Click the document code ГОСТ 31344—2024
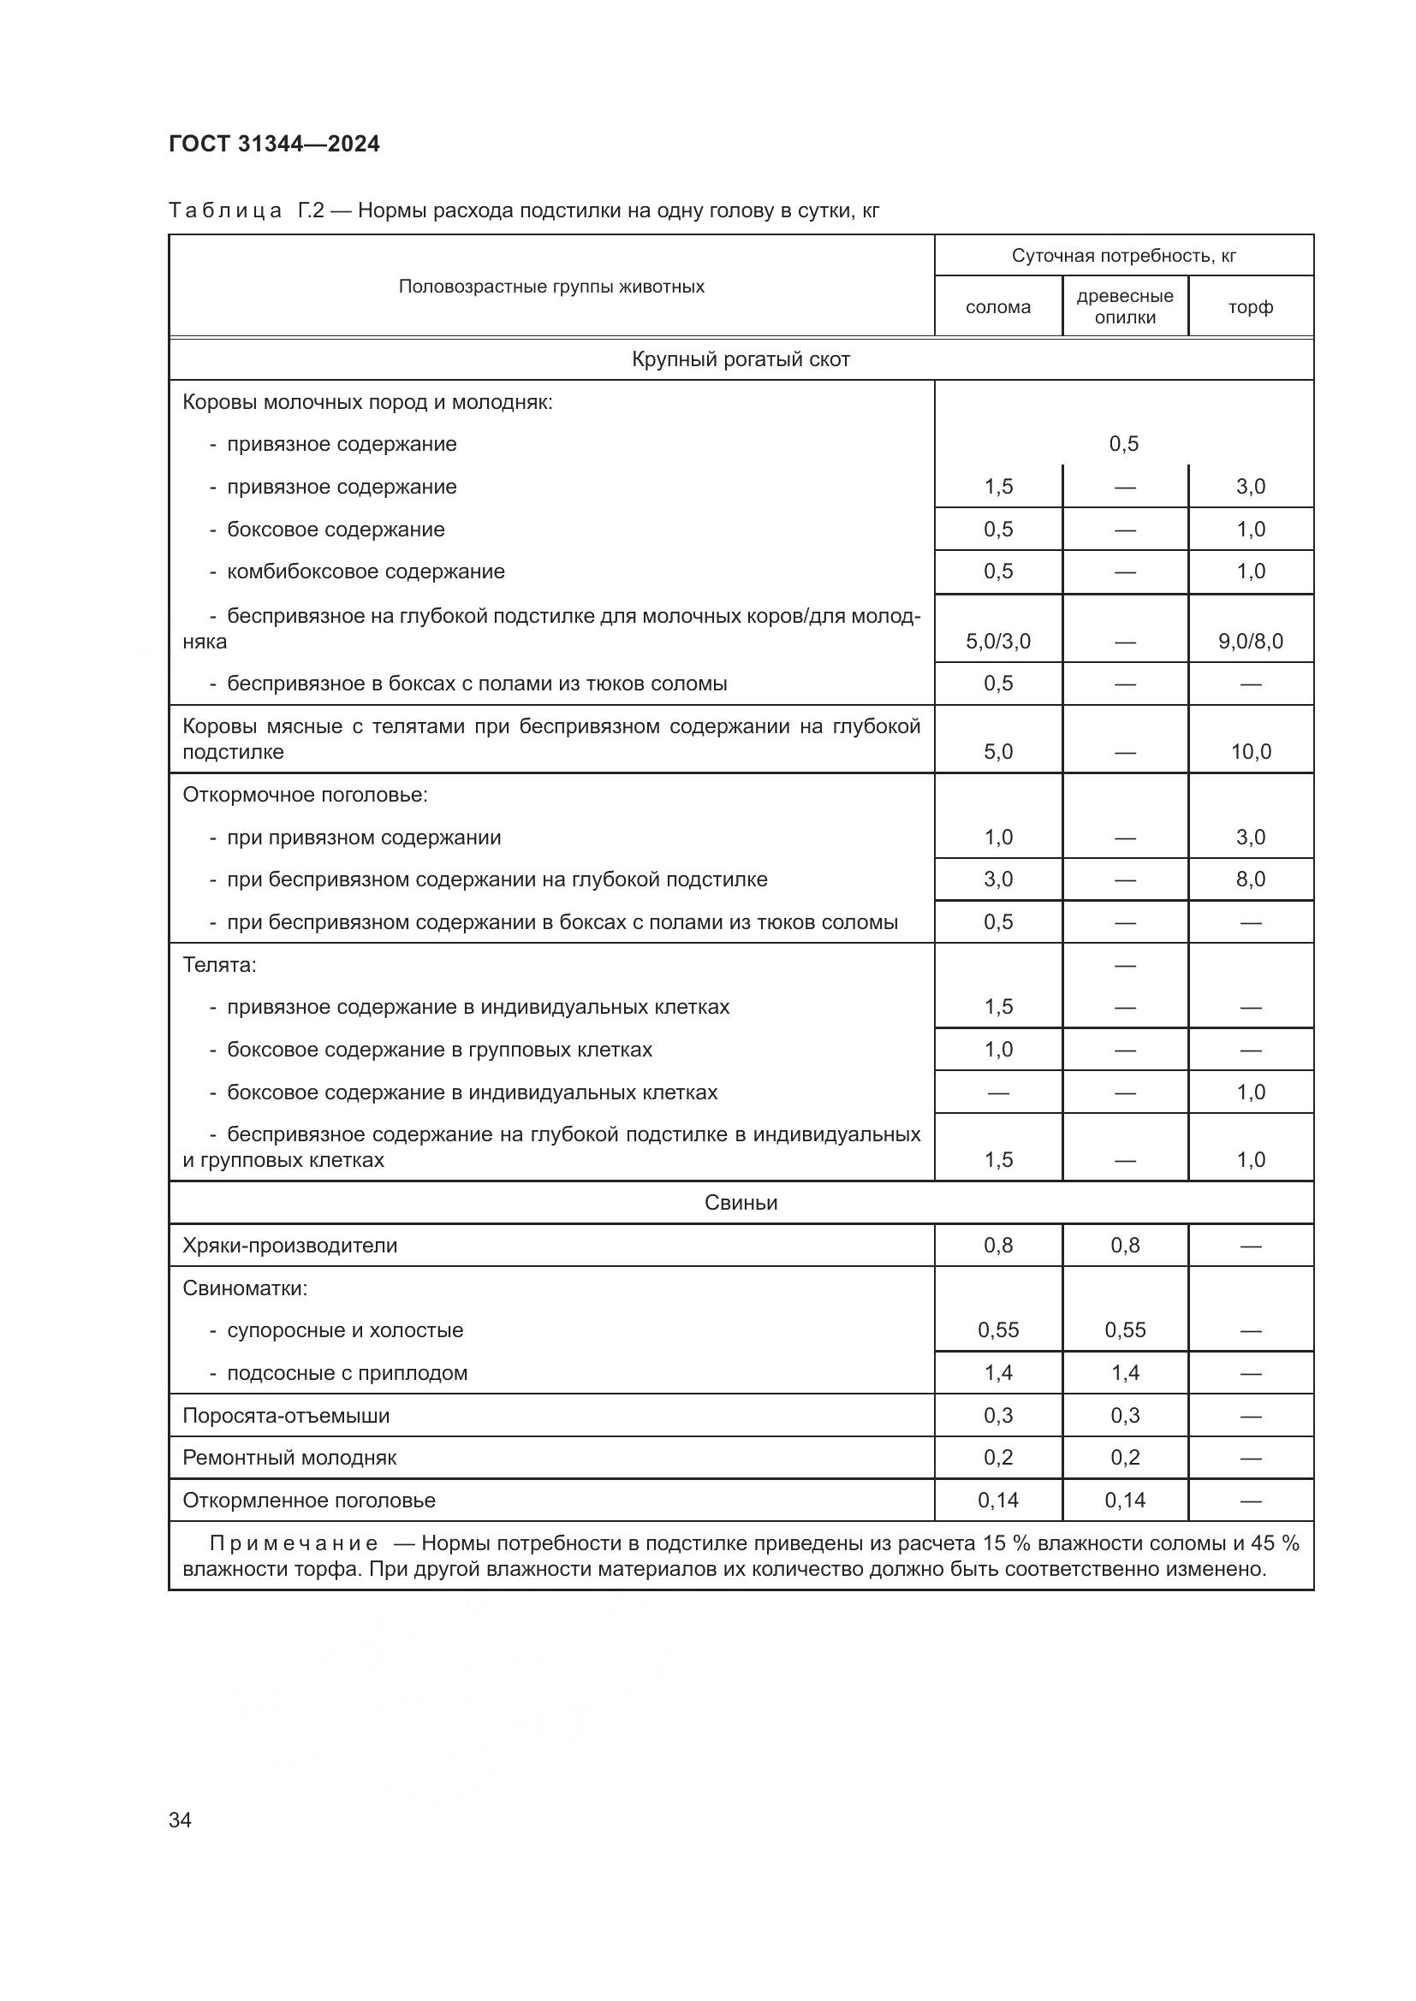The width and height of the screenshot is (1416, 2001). (275, 145)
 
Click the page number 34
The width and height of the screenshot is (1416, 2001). (181, 1820)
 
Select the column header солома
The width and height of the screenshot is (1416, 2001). (997, 307)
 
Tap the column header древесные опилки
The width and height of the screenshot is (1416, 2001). (1125, 307)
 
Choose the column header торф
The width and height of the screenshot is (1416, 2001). (1250, 307)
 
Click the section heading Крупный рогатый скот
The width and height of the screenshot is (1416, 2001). (741, 359)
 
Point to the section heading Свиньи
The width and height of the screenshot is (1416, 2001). (741, 1203)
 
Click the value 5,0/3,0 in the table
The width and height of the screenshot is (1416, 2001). (997, 642)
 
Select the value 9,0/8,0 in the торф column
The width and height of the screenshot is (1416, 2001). (1250, 642)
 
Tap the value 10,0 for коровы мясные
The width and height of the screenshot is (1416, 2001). (1250, 751)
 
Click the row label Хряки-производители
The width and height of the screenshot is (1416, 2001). (289, 1246)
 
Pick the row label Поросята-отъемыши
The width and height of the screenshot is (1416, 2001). (285, 1415)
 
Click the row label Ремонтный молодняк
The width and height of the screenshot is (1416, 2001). (289, 1457)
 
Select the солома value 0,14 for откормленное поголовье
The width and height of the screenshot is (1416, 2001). (997, 1500)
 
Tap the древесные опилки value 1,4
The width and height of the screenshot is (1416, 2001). (1125, 1372)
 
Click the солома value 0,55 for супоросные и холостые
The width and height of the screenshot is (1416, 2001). (997, 1330)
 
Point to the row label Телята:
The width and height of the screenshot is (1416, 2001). (219, 965)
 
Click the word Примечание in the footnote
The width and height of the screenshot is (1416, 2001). (293, 1543)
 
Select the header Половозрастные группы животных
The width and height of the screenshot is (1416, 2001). (551, 287)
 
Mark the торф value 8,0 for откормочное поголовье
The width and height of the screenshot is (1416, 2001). (1250, 879)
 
